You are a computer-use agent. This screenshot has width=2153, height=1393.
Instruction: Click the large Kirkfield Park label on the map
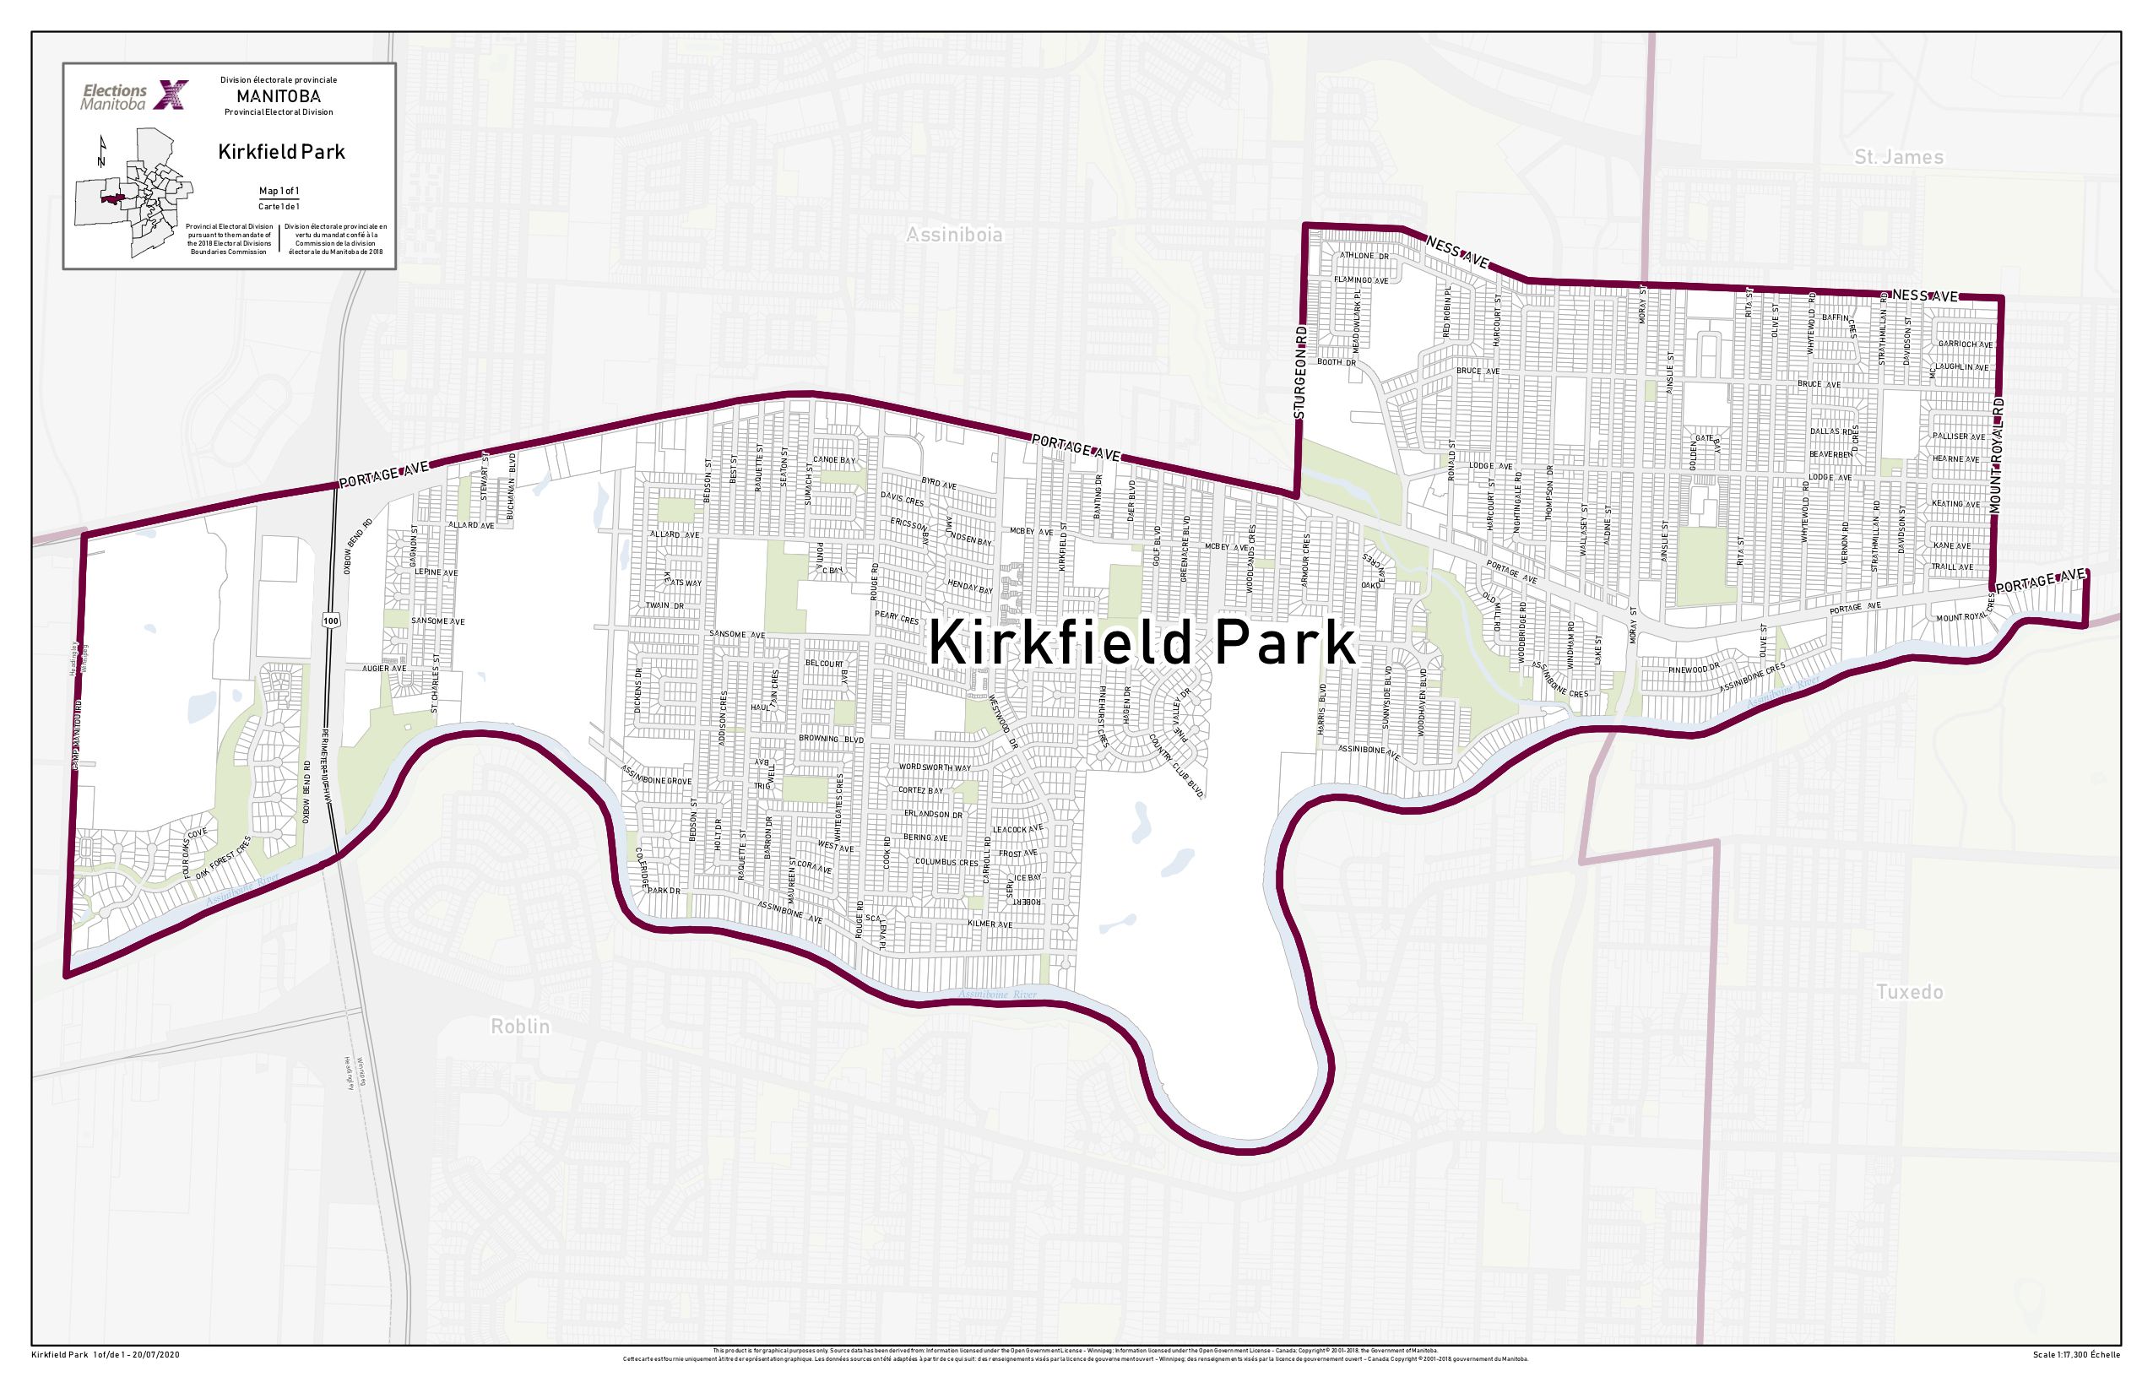coord(1142,643)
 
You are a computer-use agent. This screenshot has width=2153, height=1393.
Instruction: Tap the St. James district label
coord(1898,156)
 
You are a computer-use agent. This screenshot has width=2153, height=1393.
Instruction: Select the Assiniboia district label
coord(954,235)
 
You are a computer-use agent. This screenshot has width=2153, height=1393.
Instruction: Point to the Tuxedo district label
coord(1909,991)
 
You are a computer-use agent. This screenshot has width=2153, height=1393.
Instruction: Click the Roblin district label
coord(520,1026)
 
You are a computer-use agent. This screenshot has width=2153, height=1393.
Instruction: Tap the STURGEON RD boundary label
coord(1301,372)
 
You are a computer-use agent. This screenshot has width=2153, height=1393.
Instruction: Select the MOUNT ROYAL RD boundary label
coord(1998,457)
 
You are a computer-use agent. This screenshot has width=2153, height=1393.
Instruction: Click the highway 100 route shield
coord(331,621)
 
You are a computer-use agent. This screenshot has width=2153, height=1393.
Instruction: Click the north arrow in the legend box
coord(102,151)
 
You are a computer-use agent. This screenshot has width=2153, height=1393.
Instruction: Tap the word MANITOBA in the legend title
coord(279,96)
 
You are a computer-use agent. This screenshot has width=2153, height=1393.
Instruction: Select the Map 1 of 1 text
coord(279,191)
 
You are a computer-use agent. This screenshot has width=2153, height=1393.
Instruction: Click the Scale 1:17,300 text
coord(2075,1355)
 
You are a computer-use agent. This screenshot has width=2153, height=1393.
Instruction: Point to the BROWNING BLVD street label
coord(831,739)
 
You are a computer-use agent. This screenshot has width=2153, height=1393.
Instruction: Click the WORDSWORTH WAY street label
coord(934,767)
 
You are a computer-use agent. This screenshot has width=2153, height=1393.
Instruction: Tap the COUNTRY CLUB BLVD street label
coord(1176,765)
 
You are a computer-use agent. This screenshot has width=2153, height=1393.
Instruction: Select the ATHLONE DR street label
coord(1364,256)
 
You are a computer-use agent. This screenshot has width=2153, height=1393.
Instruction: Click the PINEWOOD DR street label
coord(1694,669)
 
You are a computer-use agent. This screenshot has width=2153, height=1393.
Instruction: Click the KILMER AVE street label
coord(990,924)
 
